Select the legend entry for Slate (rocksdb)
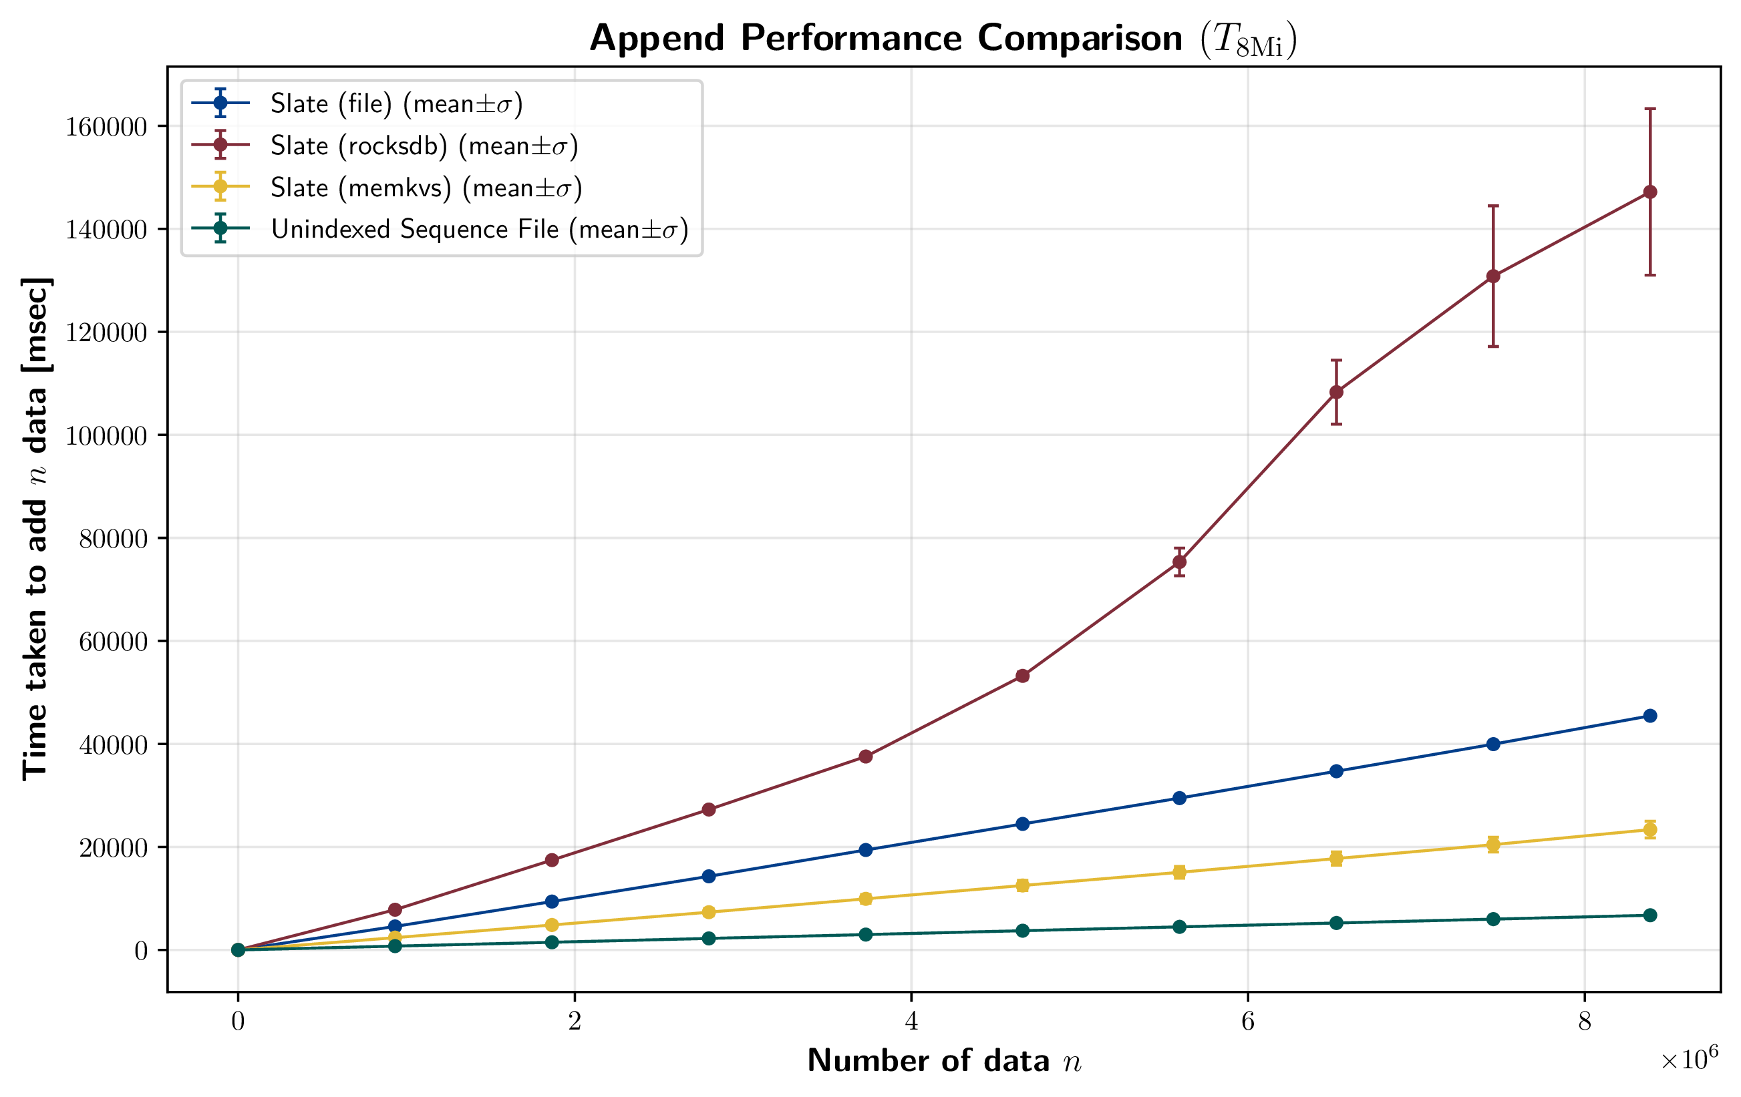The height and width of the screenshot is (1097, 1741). coord(424,146)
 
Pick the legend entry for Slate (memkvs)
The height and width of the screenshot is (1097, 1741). coord(426,188)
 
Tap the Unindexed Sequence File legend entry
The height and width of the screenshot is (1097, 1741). coord(478,229)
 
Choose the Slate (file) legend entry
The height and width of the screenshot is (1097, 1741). coord(396,104)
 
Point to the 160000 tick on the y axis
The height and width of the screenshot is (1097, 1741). coord(106,127)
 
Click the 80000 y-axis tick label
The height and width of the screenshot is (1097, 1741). coord(113,539)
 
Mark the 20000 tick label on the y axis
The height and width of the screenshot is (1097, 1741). coord(113,849)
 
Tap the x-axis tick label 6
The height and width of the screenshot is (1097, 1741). coord(1248,1021)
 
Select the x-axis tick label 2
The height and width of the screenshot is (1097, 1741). coord(575,1021)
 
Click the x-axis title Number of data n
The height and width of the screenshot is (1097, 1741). coord(944,1061)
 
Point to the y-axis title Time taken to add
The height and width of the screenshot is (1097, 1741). coord(36,528)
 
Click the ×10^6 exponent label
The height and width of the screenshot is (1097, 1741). coord(1689,1060)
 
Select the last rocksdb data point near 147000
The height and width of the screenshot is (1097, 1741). coord(1650,192)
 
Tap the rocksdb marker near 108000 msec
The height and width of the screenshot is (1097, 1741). coord(1336,393)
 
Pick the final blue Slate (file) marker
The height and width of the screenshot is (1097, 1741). coord(1650,716)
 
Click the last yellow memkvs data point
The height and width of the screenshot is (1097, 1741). coord(1650,830)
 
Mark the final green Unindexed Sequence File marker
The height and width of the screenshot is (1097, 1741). coord(1650,915)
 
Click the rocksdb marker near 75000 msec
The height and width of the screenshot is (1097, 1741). coord(1179,562)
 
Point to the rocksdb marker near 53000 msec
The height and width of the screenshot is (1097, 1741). coord(1022,676)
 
